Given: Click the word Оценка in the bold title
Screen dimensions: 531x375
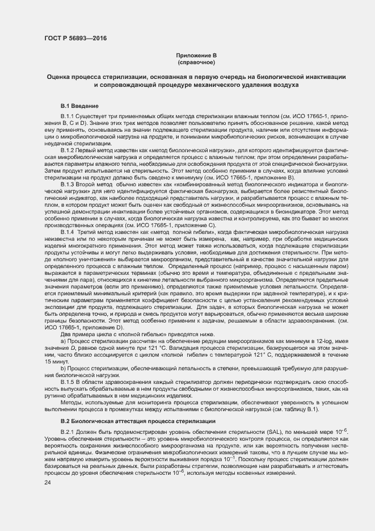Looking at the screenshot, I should click(61, 76).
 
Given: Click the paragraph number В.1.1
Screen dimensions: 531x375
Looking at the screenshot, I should click(69, 116).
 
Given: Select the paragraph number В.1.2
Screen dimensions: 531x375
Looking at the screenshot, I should click(69, 150).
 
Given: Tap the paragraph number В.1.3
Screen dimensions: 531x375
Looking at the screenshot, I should click(69, 185).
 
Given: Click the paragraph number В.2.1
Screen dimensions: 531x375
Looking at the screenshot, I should click(69, 433).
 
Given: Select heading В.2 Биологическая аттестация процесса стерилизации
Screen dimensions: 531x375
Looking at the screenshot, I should click(138, 421).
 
